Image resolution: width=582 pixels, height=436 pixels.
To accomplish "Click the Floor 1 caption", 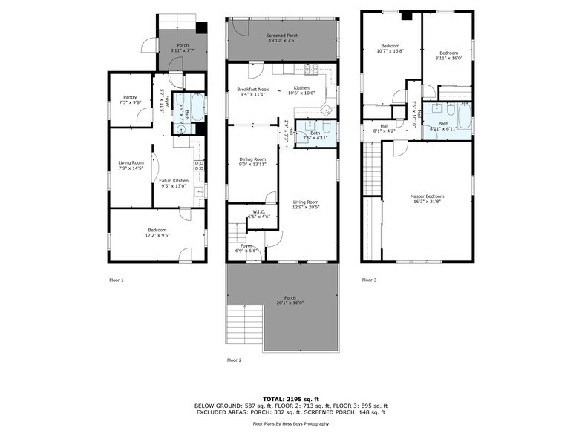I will (116, 280).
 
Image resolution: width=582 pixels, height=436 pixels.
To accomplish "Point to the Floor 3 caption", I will (369, 280).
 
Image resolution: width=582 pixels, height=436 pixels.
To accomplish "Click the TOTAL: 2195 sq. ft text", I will (290, 399).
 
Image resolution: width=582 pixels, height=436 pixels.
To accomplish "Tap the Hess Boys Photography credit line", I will (290, 425).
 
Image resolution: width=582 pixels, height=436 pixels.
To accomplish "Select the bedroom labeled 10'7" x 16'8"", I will (390, 48).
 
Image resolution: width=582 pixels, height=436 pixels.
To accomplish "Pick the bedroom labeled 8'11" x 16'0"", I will (448, 55).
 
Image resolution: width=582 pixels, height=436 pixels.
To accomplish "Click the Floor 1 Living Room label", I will (131, 165).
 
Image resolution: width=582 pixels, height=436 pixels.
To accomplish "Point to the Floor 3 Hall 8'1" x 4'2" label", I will (385, 128).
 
